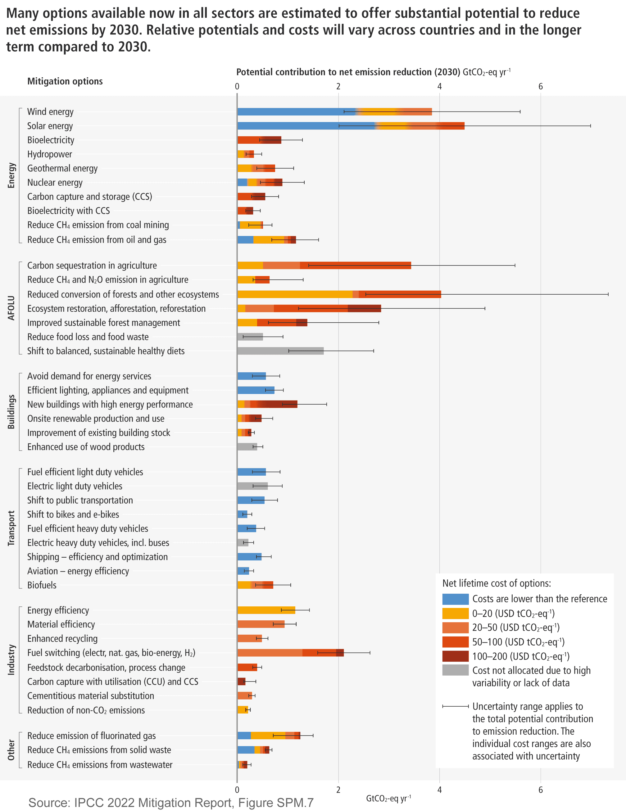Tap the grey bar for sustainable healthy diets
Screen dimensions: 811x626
pos(280,351)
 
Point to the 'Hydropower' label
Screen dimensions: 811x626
pos(49,154)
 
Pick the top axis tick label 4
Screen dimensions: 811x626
pos(439,87)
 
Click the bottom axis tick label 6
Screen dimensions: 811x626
pos(540,790)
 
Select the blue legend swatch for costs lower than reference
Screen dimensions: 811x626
pos(455,599)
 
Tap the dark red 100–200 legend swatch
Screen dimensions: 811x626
pos(455,656)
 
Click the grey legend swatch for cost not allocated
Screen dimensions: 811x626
pos(455,670)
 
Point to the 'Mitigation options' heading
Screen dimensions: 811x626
pos(65,81)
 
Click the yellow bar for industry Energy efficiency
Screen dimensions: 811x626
pos(266,610)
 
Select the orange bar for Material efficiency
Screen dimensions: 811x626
pos(261,624)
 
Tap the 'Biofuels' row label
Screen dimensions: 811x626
pos(42,585)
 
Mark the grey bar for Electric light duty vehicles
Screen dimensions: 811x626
pos(252,486)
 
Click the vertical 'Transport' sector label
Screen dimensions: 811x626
pos(11,528)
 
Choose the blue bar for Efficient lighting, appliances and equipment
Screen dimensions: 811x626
pos(256,390)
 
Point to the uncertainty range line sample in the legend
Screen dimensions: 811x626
pos(455,706)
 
